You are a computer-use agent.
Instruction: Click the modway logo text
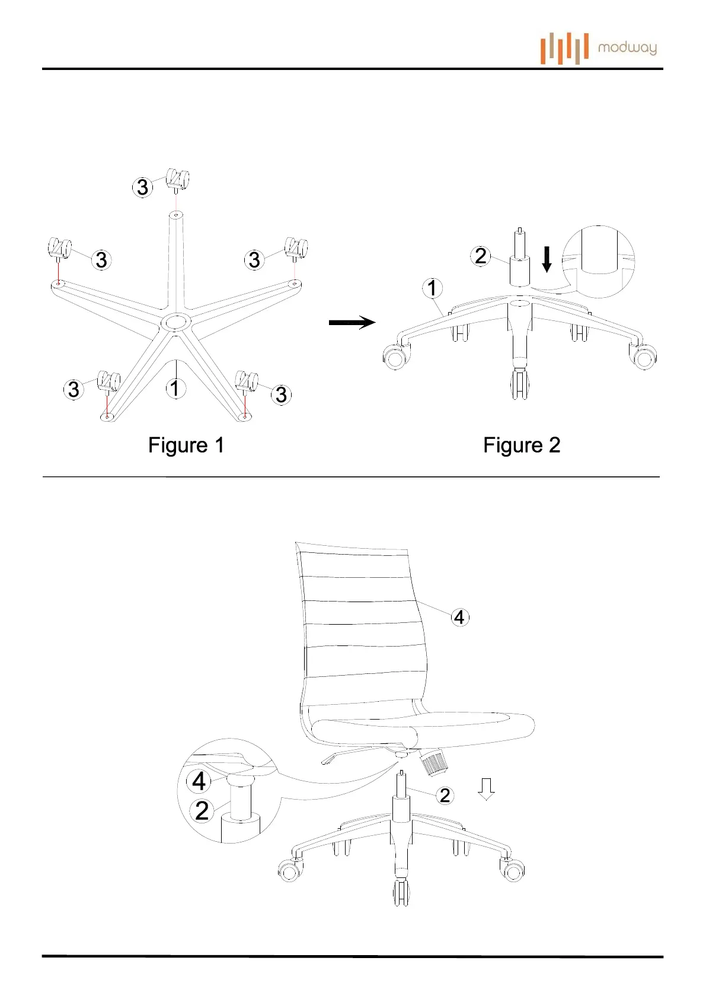coord(627,48)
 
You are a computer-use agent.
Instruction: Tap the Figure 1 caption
coord(186,445)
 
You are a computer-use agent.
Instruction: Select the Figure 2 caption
coord(522,445)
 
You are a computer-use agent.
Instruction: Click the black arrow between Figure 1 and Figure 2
coord(352,322)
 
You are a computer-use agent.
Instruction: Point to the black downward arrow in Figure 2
coord(547,259)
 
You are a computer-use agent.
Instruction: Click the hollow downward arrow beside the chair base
coord(486,789)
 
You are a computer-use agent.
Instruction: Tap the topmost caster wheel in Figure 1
coord(178,180)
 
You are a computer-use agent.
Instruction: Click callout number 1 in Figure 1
coord(174,389)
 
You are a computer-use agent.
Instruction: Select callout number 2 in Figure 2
coord(481,256)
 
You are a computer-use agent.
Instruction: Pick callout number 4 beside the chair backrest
coord(459,617)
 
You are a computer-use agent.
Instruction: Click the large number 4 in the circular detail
coord(199,781)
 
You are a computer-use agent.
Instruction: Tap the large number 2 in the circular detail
coord(202,810)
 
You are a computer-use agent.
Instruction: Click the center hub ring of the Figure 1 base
coord(176,323)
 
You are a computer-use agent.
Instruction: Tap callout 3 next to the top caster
coord(142,187)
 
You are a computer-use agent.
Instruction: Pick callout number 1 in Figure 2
coord(432,288)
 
